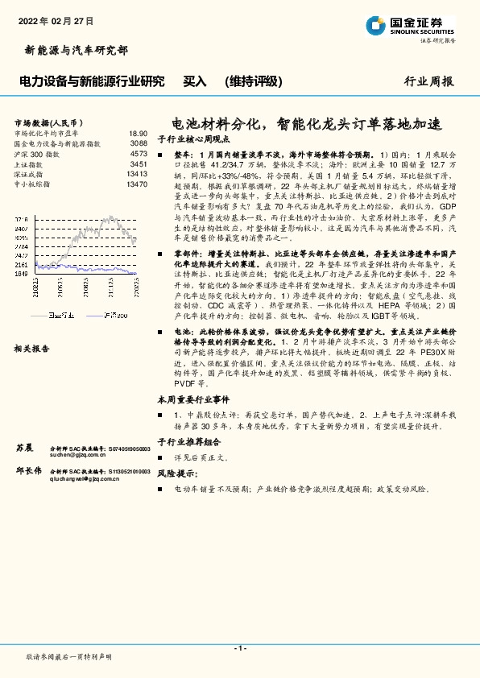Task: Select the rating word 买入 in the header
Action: click(x=195, y=81)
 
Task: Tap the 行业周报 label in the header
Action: click(x=428, y=82)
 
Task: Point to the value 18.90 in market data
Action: click(x=138, y=134)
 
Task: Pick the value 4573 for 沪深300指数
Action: click(x=139, y=153)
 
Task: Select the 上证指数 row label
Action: click(x=31, y=163)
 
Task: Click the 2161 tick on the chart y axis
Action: click(x=22, y=264)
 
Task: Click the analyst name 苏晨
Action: click(x=25, y=446)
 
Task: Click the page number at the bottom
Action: click(x=239, y=648)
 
